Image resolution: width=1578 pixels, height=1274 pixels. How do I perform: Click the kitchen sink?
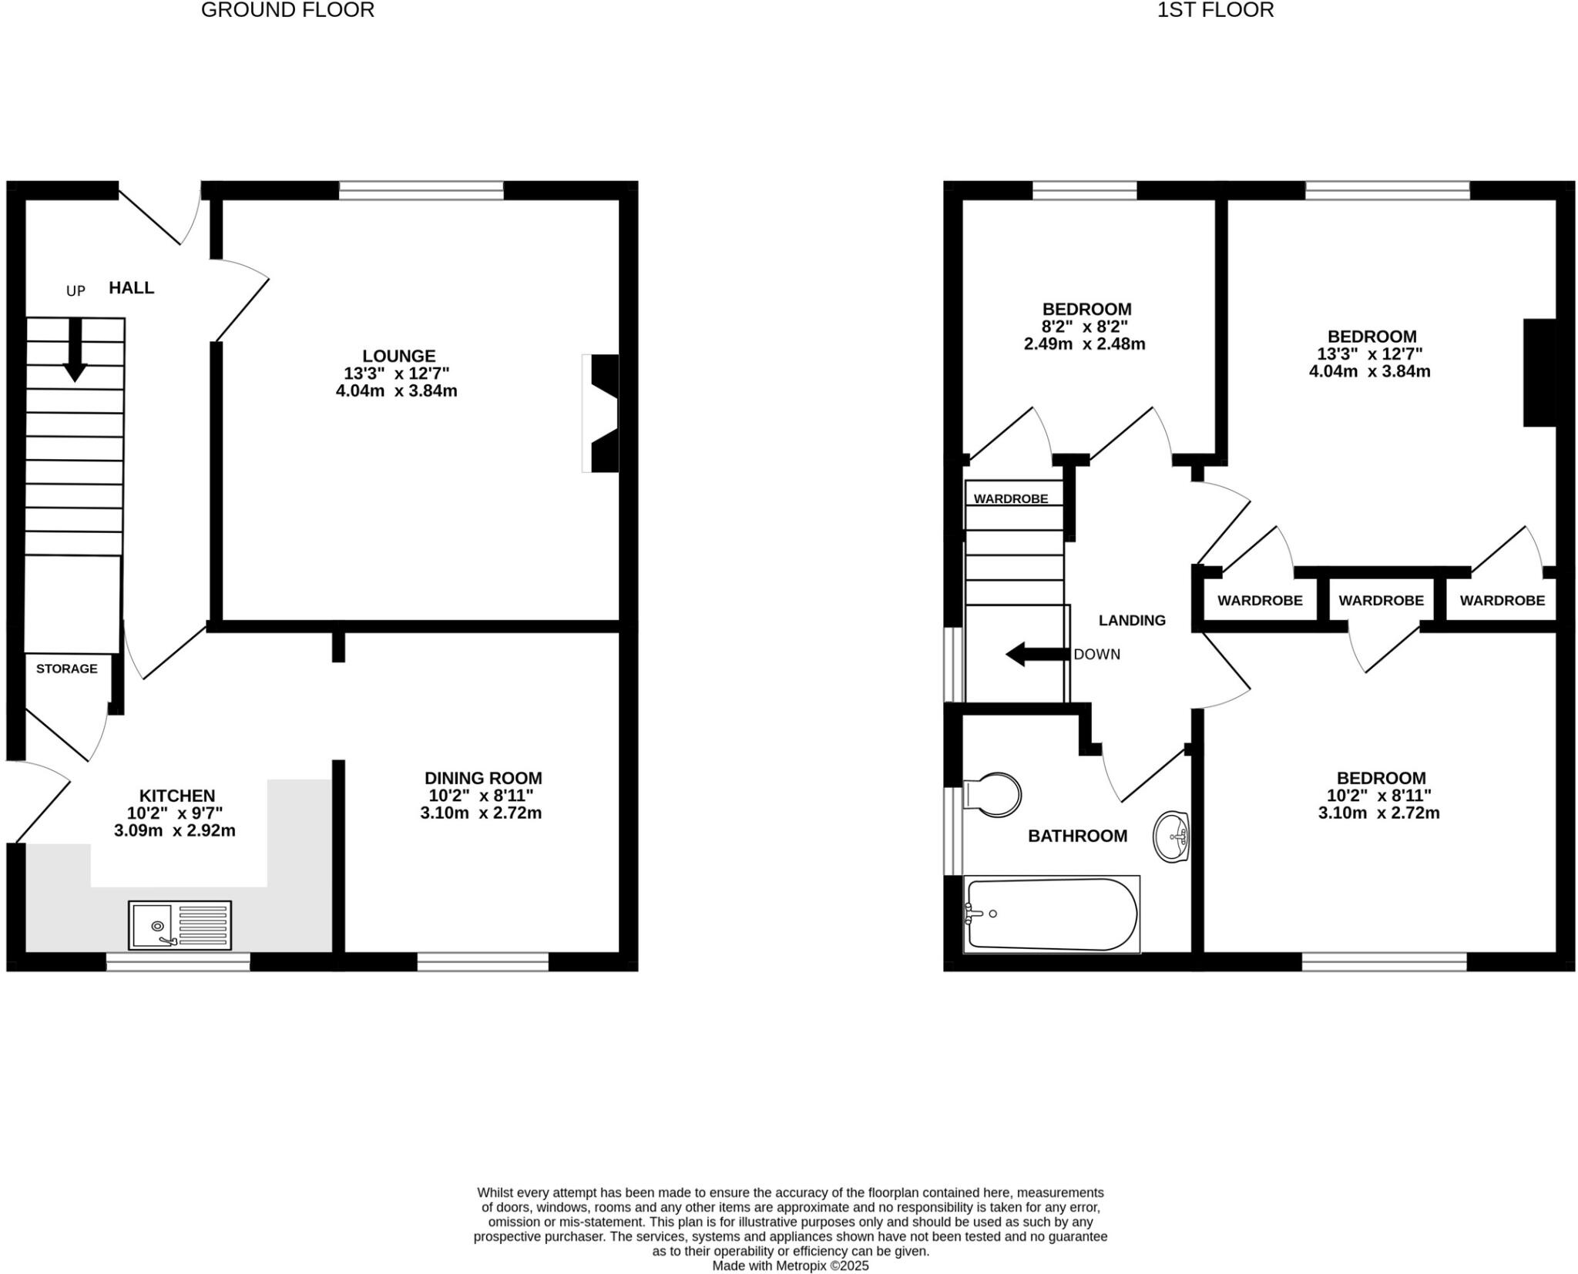[x=180, y=924]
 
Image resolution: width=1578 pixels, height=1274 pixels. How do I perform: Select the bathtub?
[x=1052, y=914]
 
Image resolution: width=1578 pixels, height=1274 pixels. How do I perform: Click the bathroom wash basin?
[x=1172, y=836]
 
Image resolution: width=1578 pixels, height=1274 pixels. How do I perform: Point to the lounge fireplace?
[x=602, y=413]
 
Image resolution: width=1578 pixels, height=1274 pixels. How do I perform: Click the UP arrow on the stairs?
[x=75, y=350]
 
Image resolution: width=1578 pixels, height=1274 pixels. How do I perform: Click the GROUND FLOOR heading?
[x=287, y=10]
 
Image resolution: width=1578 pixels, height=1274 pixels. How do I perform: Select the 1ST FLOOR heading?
[x=1215, y=10]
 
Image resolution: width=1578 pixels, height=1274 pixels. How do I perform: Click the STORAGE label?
[x=67, y=669]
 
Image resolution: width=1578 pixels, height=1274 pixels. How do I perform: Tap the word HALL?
[x=131, y=288]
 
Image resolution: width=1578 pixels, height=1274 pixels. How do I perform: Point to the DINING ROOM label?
[x=483, y=778]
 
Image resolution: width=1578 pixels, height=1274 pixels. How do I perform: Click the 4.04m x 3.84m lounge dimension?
[x=396, y=391]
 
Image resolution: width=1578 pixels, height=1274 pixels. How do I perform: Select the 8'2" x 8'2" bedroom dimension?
[x=1086, y=327]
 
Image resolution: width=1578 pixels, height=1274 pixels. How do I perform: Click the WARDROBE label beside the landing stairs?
[x=1010, y=499]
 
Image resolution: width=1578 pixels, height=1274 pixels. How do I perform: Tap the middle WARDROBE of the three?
[x=1381, y=601]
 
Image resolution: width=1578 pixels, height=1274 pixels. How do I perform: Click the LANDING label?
[x=1131, y=620]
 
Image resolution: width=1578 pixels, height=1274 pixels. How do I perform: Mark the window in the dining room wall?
[x=483, y=961]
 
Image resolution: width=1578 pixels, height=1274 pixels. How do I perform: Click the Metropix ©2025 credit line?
[x=790, y=1266]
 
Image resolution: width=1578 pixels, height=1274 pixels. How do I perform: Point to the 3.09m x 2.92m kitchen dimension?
[x=174, y=831]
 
